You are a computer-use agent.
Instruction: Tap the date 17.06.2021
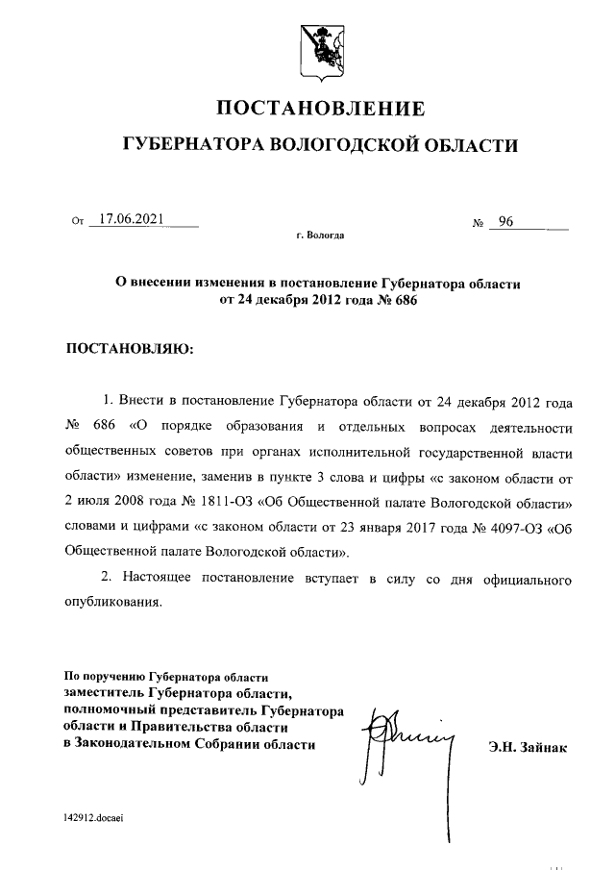click(132, 220)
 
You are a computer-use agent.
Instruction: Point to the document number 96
click(505, 223)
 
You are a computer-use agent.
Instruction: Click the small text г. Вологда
click(320, 235)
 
